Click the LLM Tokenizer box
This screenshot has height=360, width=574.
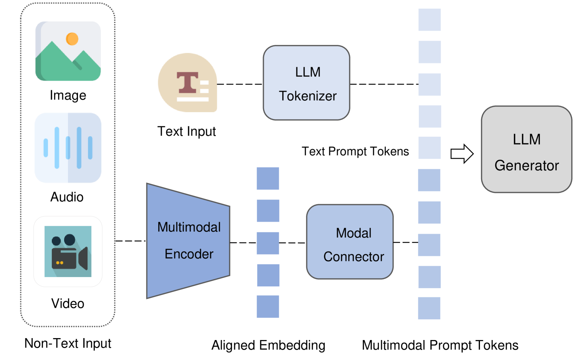(306, 83)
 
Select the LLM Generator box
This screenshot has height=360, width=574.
(526, 149)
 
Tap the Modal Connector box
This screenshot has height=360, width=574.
(350, 242)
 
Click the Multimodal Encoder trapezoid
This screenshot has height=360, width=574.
(189, 241)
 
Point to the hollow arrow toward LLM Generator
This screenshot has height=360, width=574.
(462, 154)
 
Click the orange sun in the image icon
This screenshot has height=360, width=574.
(72, 39)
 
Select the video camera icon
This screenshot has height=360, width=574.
(68, 251)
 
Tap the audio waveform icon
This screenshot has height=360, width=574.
(68, 148)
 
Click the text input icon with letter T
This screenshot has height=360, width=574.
(188, 83)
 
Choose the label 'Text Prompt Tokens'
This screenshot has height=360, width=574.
(355, 151)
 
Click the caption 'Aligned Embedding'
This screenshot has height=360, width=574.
(268, 345)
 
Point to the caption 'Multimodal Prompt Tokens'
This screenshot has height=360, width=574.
(440, 345)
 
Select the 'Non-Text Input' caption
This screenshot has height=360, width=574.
(68, 343)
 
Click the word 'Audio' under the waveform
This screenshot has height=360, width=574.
(67, 197)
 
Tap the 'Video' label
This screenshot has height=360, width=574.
(68, 304)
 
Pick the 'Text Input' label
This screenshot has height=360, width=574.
(187, 131)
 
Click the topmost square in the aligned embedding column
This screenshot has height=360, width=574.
(268, 178)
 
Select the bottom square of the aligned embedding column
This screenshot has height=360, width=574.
(268, 306)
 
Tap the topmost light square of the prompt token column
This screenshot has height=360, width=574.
(429, 20)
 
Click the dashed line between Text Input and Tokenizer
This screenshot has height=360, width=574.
(240, 84)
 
